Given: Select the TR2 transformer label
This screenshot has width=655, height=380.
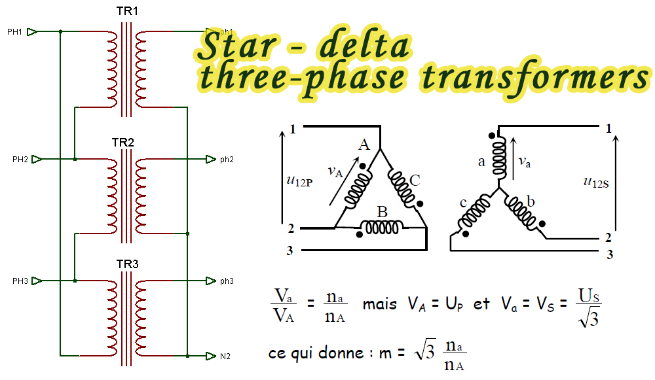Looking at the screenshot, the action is pyautogui.click(x=122, y=143).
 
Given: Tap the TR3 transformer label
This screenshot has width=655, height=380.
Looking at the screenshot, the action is pyautogui.click(x=127, y=264).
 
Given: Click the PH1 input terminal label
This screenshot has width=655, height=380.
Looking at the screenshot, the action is pyautogui.click(x=14, y=31).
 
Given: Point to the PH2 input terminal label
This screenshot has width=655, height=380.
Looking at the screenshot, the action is pyautogui.click(x=20, y=160).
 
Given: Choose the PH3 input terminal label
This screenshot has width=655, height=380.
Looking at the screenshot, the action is pyautogui.click(x=20, y=281).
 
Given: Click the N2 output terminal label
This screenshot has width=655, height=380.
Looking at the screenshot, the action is pyautogui.click(x=225, y=356).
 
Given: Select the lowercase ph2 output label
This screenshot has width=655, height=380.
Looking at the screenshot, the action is pyautogui.click(x=227, y=160).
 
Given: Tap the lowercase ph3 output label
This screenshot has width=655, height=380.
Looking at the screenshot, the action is pyautogui.click(x=227, y=281).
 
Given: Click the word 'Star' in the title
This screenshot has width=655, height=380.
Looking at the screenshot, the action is pyautogui.click(x=235, y=47).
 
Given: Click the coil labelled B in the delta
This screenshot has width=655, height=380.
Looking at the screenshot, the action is pyautogui.click(x=383, y=227).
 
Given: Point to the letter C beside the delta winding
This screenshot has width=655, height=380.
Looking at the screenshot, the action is pyautogui.click(x=414, y=181).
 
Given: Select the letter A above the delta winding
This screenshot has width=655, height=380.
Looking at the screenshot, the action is pyautogui.click(x=364, y=145).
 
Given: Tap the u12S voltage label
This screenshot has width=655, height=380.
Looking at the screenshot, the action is pyautogui.click(x=596, y=182).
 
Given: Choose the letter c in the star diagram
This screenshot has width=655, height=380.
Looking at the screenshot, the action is pyautogui.click(x=463, y=203).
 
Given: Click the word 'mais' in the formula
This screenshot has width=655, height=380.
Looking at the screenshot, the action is pyautogui.click(x=379, y=304).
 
